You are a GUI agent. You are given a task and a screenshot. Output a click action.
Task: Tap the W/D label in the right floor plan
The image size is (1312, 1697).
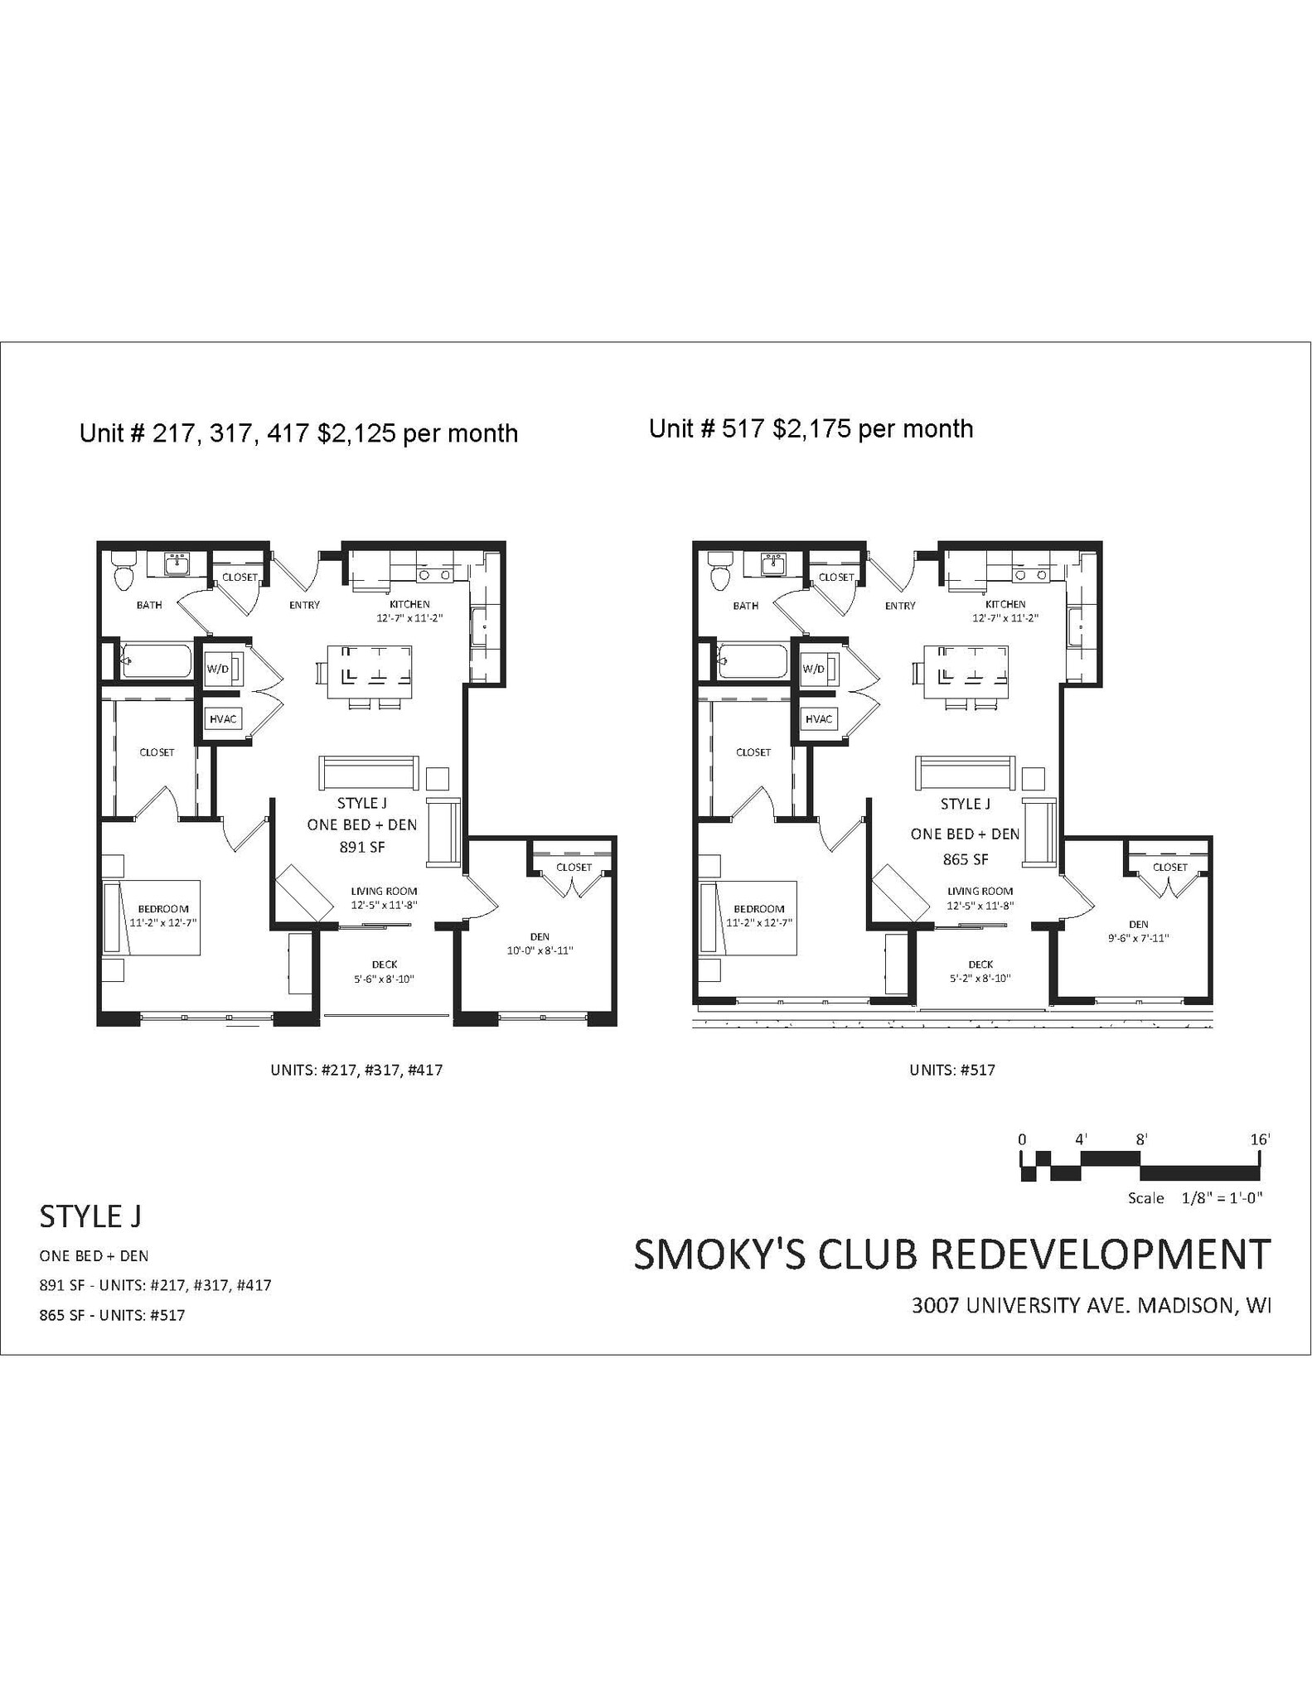click(814, 669)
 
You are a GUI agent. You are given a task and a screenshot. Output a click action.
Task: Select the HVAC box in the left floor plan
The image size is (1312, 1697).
click(223, 718)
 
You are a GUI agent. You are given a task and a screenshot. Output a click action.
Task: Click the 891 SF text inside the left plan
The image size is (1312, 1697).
click(362, 847)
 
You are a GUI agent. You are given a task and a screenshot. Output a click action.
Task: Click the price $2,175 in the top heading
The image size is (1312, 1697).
click(810, 429)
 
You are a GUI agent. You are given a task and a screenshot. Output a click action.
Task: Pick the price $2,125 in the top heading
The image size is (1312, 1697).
click(356, 433)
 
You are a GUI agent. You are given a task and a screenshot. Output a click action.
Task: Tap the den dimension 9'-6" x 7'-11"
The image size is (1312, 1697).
click(1138, 938)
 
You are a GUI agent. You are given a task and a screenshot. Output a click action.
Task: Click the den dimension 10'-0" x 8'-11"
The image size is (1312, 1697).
click(540, 950)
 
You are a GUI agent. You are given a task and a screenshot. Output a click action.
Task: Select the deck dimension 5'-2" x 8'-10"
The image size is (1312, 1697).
click(980, 978)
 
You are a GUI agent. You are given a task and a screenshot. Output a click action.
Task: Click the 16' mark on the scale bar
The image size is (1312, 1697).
click(1259, 1139)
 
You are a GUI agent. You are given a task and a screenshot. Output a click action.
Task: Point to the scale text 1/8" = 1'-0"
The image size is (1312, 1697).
click(1222, 1198)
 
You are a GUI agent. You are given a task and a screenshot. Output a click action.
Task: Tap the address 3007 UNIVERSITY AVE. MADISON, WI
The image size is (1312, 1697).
click(1091, 1306)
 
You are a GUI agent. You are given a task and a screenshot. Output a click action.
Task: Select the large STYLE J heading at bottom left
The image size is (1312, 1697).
click(90, 1216)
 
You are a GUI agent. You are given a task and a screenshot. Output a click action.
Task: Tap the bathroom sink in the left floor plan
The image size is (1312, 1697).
click(177, 565)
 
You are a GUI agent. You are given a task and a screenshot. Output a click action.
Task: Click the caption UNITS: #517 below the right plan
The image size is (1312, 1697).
click(952, 1070)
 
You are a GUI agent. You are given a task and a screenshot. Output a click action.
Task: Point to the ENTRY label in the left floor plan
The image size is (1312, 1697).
click(304, 605)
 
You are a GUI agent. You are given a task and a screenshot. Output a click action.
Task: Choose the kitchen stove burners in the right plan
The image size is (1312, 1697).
click(1031, 574)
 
